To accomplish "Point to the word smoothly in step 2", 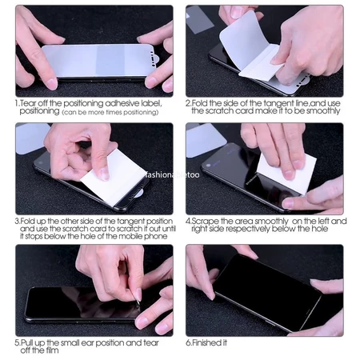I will (325, 111).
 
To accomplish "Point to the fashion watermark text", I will (167, 171).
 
